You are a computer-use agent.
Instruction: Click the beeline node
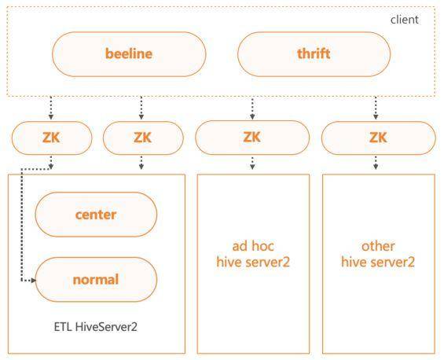[129, 54]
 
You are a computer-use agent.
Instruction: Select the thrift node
[314, 54]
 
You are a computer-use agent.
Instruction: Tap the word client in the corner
[405, 20]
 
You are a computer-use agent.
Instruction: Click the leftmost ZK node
[52, 138]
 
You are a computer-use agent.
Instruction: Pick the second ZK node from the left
[143, 138]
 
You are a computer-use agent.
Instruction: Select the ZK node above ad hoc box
[252, 138]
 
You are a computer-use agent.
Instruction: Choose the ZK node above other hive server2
[378, 138]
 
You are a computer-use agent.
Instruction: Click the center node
[96, 215]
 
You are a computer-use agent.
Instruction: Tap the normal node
[96, 280]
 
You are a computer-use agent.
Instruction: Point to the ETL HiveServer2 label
[95, 327]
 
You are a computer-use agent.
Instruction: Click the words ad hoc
[253, 246]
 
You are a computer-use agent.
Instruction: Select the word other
[378, 246]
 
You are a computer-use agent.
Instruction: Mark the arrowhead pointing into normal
[34, 281]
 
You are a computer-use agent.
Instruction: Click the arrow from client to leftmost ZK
[51, 108]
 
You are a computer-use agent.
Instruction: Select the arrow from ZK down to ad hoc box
[252, 163]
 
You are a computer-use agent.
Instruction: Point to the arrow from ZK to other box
[376, 163]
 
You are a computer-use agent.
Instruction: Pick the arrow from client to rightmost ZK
[376, 108]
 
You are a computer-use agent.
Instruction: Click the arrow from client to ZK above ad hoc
[252, 108]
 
